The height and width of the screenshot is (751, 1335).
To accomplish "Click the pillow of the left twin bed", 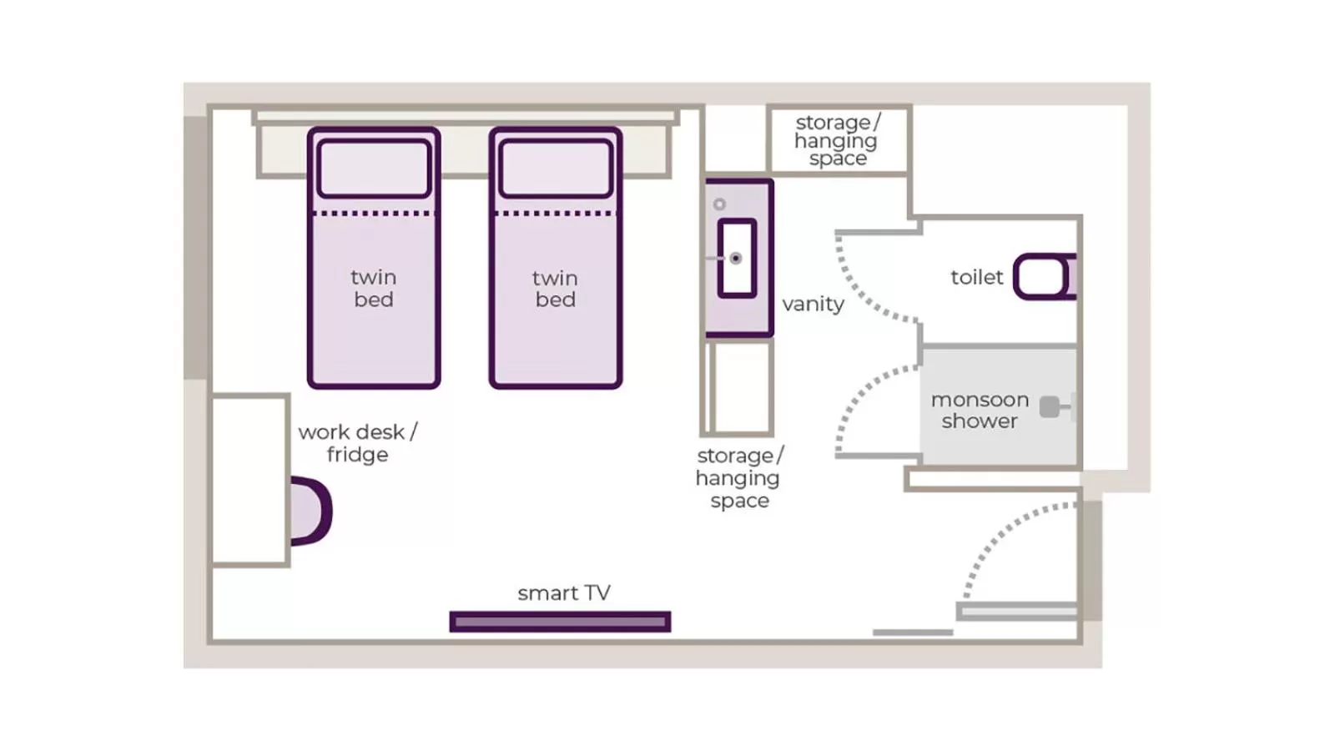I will [374, 169].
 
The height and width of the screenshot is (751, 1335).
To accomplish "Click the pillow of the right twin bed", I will [556, 169].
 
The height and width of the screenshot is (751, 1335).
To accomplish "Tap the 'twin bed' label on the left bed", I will [373, 288].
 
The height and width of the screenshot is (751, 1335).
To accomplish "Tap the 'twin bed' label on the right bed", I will [555, 288].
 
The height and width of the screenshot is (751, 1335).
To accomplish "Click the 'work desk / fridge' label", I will [357, 443].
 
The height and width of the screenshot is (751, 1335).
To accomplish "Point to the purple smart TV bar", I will [560, 622].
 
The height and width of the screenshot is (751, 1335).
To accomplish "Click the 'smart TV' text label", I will [564, 592].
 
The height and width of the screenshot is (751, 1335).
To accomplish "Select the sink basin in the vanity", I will [737, 258].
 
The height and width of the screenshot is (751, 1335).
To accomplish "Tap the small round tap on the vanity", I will [719, 204].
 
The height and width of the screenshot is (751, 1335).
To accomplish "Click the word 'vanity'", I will [813, 304].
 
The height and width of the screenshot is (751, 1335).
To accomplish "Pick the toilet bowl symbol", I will [1041, 276].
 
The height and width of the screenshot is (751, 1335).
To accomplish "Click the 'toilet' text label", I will [976, 277].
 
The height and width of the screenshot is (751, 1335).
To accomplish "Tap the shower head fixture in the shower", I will [1050, 407].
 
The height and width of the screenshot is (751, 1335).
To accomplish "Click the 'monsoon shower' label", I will [980, 410].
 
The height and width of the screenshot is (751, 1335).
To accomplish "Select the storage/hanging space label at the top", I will [837, 140].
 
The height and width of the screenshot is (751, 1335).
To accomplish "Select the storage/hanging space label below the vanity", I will [739, 478].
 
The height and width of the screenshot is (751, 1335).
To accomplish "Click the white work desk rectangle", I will [249, 480].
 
